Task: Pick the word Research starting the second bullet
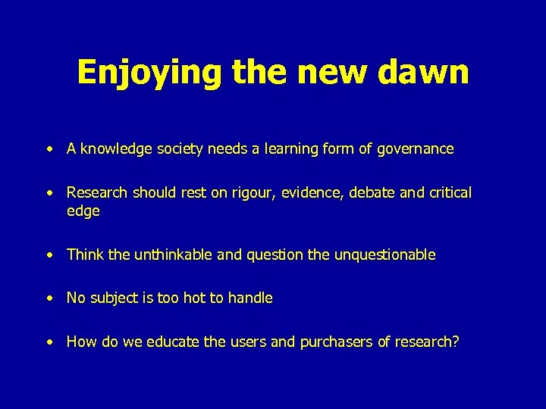click(97, 193)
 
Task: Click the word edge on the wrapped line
click(83, 211)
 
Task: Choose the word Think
click(85, 255)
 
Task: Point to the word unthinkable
click(173, 255)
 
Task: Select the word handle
click(249, 298)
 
